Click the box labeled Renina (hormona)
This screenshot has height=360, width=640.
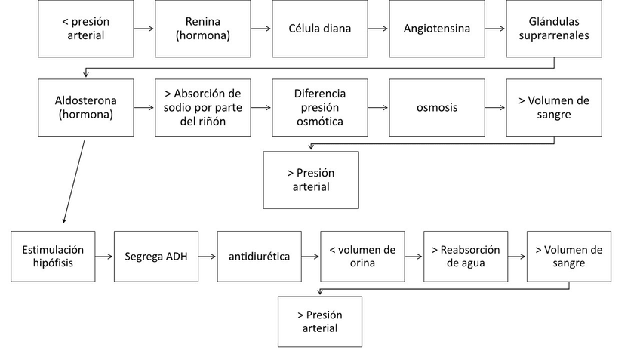click(202, 29)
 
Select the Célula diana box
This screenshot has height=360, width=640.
click(320, 29)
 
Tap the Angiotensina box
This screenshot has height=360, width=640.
click(437, 29)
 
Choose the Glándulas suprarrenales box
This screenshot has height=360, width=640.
click(554, 29)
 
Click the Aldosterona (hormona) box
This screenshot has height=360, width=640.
click(85, 108)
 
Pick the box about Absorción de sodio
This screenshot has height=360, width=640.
click(202, 108)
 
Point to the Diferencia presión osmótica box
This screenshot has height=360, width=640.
click(320, 108)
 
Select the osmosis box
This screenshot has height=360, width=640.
click(437, 108)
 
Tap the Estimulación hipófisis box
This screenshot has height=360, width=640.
click(53, 257)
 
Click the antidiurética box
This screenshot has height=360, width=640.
click(259, 257)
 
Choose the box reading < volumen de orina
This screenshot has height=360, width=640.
click(362, 257)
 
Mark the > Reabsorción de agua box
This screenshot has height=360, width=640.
click(465, 257)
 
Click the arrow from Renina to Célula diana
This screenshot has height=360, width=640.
click(261, 29)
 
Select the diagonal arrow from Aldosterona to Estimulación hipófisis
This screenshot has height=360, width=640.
click(74, 181)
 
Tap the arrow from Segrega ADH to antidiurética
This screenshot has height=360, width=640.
click(208, 257)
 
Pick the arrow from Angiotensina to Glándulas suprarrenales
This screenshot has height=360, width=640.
click(496, 29)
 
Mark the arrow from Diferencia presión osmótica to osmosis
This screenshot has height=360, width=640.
click(378, 108)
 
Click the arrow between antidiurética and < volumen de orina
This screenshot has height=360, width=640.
click(310, 257)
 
